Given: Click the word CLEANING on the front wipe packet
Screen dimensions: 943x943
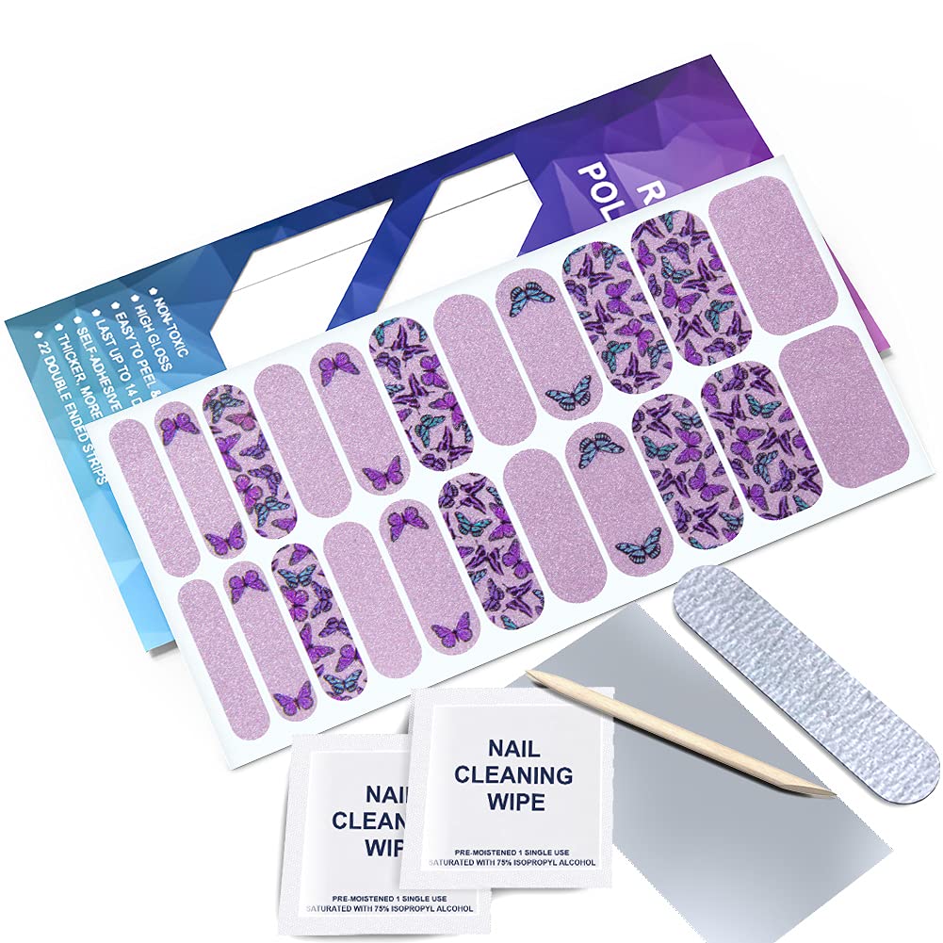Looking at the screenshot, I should tap(512, 776).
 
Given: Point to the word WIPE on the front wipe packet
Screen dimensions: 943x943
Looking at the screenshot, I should tap(512, 803).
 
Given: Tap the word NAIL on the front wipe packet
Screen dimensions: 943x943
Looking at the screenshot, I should tap(513, 750).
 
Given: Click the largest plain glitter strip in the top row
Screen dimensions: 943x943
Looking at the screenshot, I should tap(769, 254).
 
